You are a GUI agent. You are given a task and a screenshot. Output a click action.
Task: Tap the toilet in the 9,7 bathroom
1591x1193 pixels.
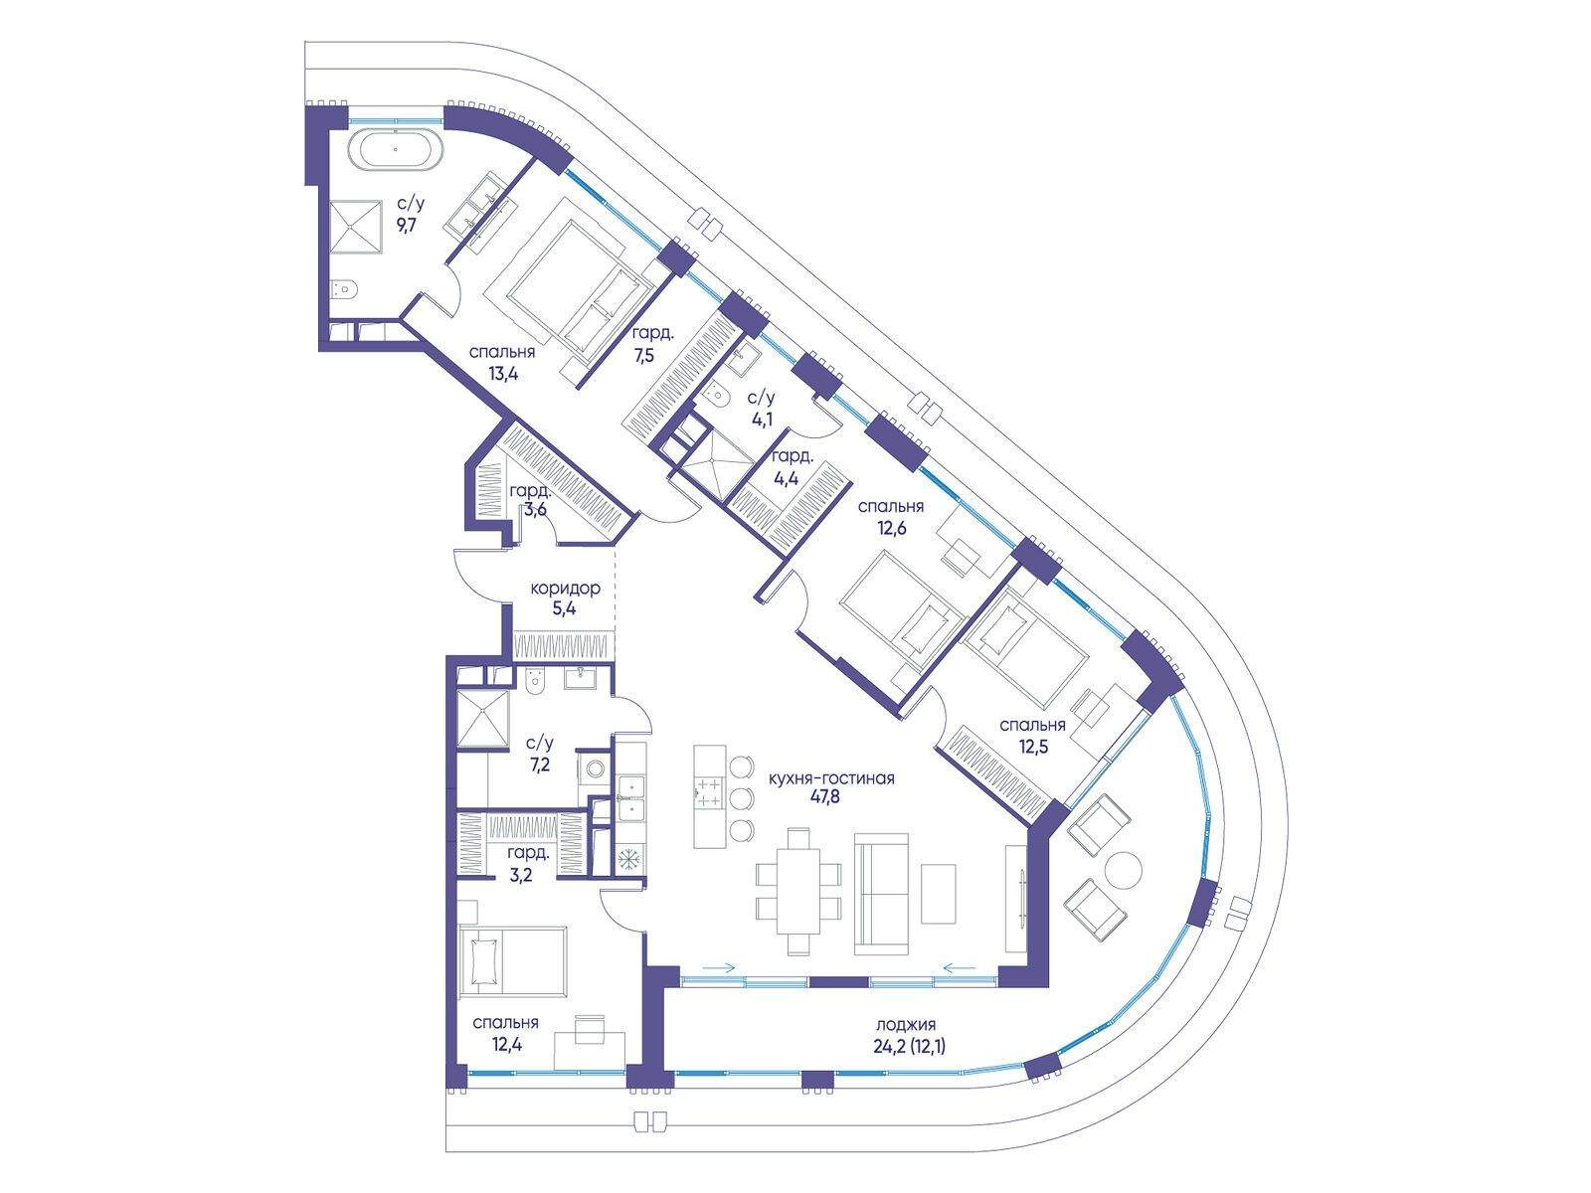click(x=343, y=289)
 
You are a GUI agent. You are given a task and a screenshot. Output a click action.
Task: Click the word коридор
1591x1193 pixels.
click(x=565, y=589)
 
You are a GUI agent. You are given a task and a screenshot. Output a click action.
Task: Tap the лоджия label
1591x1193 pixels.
click(x=906, y=1025)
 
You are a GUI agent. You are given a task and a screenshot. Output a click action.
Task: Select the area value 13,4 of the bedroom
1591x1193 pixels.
click(x=502, y=374)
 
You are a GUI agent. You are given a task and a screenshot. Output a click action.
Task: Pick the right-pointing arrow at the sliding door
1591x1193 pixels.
click(x=719, y=967)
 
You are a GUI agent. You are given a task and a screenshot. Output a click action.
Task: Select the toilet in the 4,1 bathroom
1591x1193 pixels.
click(x=717, y=396)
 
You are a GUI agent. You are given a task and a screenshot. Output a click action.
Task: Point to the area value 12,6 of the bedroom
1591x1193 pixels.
click(x=892, y=527)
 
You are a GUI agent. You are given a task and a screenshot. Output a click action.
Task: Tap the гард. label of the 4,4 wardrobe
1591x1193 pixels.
click(x=792, y=457)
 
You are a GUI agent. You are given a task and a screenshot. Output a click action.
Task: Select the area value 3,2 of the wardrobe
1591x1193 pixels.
click(x=520, y=875)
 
